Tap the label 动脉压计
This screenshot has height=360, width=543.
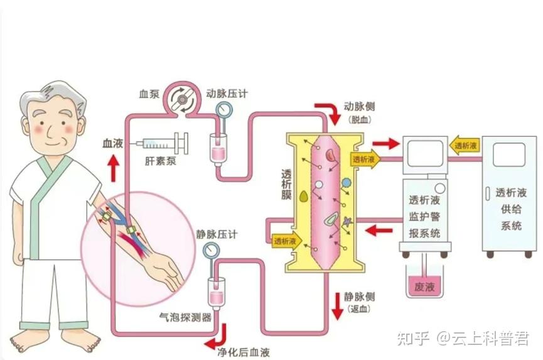227,94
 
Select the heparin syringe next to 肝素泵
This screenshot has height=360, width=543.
165,143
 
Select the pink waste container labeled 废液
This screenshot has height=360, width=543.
421,285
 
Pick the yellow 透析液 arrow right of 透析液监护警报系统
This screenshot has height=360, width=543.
465,145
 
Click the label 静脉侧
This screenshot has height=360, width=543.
359,297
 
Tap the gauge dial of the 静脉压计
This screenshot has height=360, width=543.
212,251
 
